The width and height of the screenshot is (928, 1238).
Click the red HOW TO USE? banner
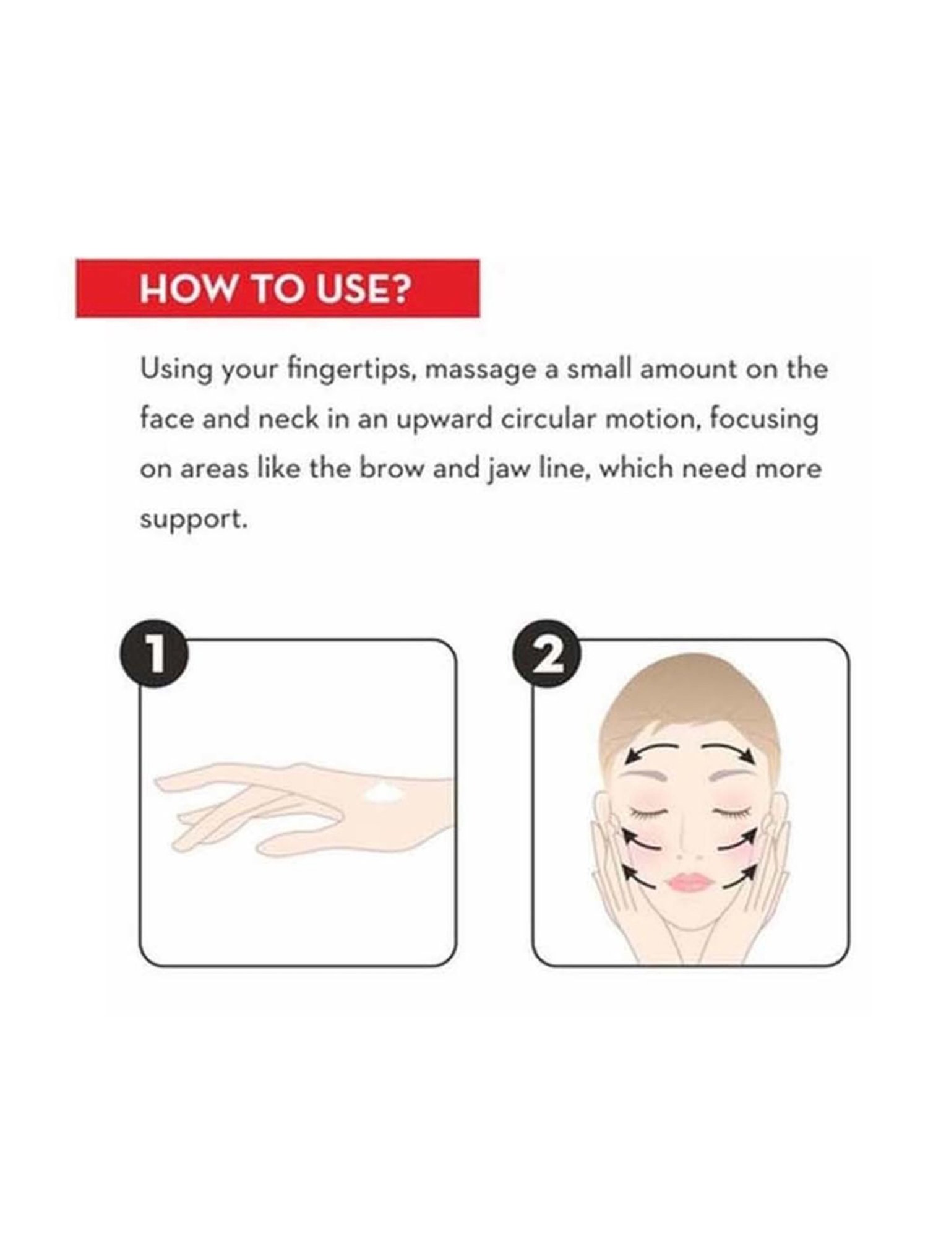click(277, 288)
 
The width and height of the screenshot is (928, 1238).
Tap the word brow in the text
click(391, 469)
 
